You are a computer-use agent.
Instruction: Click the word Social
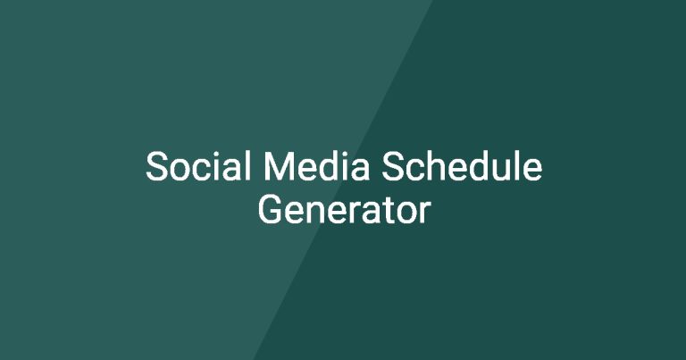click(199, 166)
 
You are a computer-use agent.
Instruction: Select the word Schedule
click(462, 166)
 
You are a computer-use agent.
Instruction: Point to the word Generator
click(344, 209)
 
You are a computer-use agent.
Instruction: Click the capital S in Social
click(157, 166)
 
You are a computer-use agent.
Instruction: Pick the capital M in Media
click(278, 166)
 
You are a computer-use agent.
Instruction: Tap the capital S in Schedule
click(392, 166)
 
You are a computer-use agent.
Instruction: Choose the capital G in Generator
click(271, 210)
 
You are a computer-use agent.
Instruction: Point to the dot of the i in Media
click(343, 154)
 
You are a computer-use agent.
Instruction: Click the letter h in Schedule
click(438, 165)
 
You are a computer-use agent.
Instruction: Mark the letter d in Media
click(327, 166)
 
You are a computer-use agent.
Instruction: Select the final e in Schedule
click(532, 170)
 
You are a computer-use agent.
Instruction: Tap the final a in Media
click(361, 170)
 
